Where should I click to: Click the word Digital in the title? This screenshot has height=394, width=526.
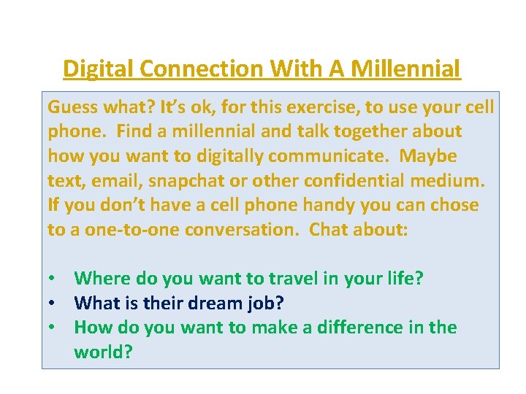97,69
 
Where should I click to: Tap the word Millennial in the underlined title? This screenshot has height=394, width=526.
405,69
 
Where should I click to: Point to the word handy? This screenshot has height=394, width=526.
306,205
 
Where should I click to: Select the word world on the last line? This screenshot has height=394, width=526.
101,352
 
